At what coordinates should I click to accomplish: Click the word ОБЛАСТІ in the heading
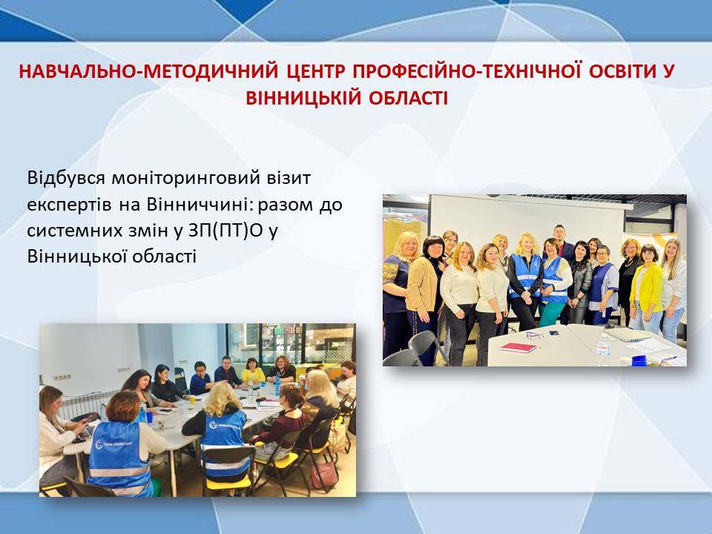[x=408, y=98]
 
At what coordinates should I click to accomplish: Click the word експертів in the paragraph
[x=70, y=205]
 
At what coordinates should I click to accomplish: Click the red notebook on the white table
[x=518, y=347]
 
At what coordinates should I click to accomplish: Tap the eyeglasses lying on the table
[x=535, y=335]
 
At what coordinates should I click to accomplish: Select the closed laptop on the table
[x=627, y=334]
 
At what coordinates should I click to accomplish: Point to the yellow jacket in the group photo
[x=646, y=284]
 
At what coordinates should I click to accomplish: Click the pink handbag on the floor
[x=323, y=474]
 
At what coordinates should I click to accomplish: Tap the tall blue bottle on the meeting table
[x=277, y=384]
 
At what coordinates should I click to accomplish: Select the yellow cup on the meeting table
[x=192, y=399]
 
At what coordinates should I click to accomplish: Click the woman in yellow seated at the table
[x=252, y=371]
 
